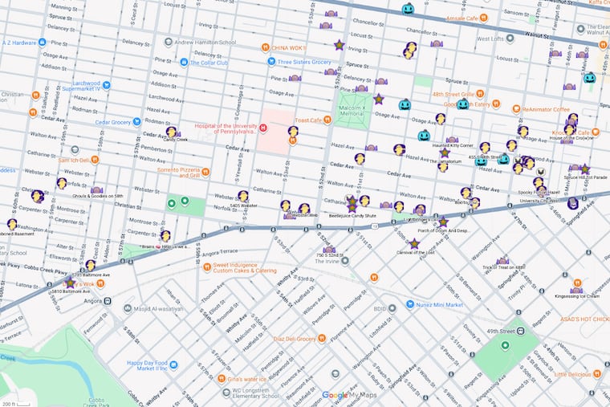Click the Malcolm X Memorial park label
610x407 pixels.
tap(352, 110)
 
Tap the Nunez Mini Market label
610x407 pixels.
tap(437, 304)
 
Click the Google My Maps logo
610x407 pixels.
tap(350, 395)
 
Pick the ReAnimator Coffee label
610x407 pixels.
tap(545, 108)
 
